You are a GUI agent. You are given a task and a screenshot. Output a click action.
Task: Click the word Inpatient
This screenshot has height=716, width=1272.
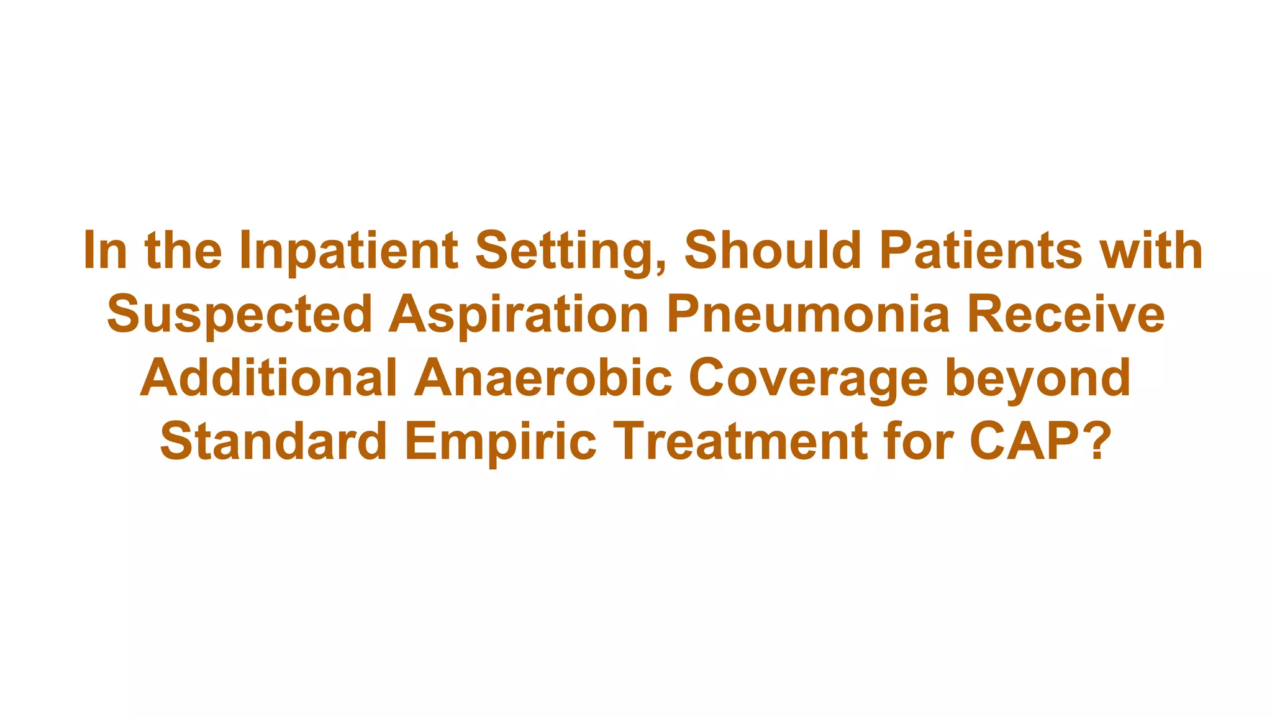click(348, 251)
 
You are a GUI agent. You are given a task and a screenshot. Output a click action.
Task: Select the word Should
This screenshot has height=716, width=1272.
click(773, 251)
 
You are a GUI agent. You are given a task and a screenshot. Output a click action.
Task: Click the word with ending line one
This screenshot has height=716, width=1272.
click(1151, 251)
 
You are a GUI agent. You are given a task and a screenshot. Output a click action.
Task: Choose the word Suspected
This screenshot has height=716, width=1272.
click(239, 314)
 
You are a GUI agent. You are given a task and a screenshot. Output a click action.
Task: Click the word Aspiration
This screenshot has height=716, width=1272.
click(519, 314)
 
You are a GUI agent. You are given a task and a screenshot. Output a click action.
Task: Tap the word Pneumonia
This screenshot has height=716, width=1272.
click(808, 314)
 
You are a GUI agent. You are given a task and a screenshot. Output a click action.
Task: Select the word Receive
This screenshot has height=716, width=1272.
click(1066, 314)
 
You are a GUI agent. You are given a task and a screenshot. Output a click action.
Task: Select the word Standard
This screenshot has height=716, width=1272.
click(273, 441)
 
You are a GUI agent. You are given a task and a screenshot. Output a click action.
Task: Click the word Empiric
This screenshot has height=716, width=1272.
click(501, 441)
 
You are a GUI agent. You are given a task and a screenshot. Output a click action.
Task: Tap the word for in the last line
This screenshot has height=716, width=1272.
click(919, 441)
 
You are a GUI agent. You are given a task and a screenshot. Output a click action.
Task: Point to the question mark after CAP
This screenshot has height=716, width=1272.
click(1097, 441)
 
